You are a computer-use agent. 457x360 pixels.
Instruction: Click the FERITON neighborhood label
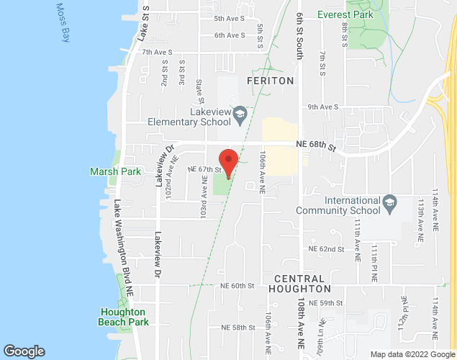pos(271,81)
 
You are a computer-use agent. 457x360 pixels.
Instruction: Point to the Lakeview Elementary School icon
pos(241,112)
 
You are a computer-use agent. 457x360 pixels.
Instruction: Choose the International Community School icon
pos(389,200)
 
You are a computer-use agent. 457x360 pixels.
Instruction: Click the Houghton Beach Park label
pos(124,317)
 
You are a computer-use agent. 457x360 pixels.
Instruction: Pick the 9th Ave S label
pos(323,107)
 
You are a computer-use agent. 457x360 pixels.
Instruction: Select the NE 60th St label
pos(237,286)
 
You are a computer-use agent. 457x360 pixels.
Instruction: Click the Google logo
pos(24,351)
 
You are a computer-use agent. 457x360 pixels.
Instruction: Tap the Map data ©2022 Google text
pos(412,354)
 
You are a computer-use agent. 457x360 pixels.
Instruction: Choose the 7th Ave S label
pos(158,52)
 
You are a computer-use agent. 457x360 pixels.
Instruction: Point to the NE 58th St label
pos(237,328)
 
